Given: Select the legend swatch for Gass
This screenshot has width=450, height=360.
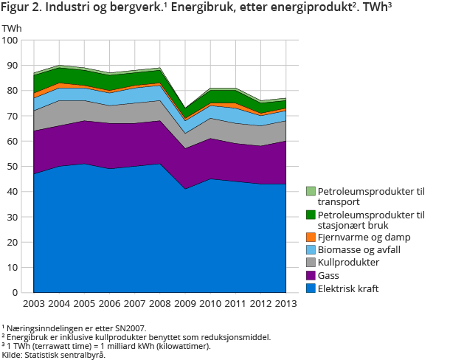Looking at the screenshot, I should click(x=311, y=275).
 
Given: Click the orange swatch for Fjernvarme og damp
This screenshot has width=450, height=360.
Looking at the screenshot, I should click(x=311, y=237).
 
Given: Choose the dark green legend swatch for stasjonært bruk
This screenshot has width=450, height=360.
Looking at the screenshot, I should click(x=311, y=215).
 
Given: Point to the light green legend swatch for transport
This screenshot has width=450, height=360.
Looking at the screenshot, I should click(x=311, y=192).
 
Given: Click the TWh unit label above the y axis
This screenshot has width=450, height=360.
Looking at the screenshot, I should click(x=12, y=27).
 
